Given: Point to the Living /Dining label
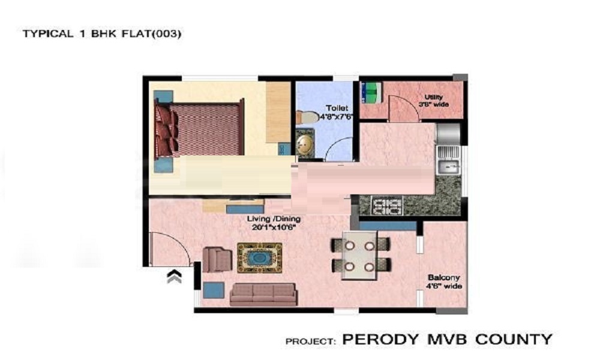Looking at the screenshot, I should coord(274,219).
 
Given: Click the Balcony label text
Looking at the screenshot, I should coord(443,278).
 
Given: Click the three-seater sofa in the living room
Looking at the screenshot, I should coord(263,293).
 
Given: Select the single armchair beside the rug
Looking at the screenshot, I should coord(217,259).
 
